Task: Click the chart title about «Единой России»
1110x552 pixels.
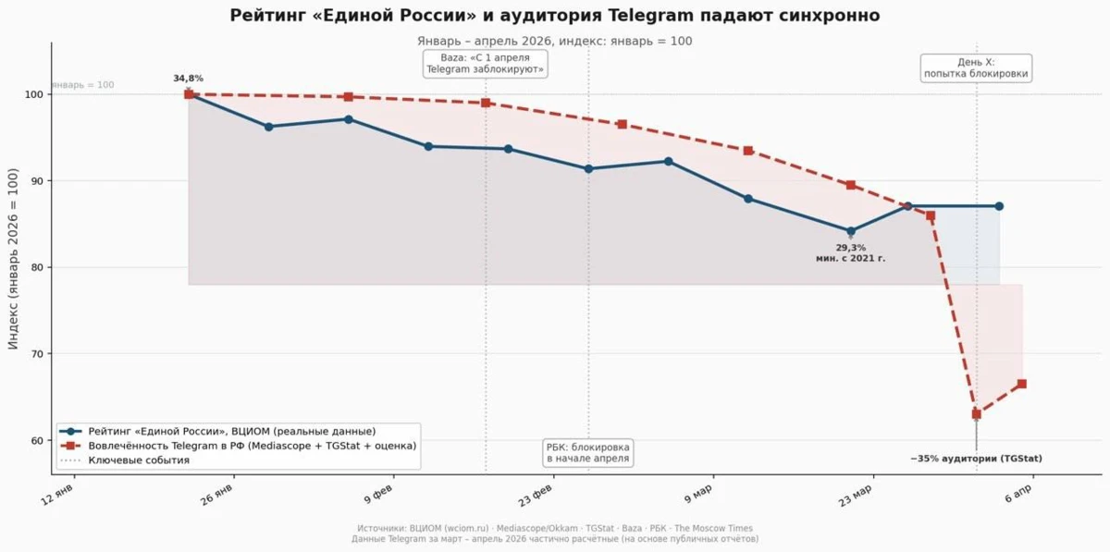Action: pyautogui.click(x=554, y=16)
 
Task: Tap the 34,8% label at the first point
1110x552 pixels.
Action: pyautogui.click(x=188, y=79)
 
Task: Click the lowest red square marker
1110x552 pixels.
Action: pyautogui.click(x=976, y=414)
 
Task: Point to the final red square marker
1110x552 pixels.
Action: pyautogui.click(x=1021, y=384)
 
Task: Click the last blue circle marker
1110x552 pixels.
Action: pyautogui.click(x=999, y=206)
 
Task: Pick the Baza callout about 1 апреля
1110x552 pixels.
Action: pyautogui.click(x=486, y=64)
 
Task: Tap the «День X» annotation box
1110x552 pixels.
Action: pyautogui.click(x=976, y=67)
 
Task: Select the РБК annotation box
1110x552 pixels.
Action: pyautogui.click(x=588, y=453)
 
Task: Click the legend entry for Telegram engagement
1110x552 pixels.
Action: pyautogui.click(x=237, y=446)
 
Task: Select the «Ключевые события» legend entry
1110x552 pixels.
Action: pyautogui.click(x=139, y=460)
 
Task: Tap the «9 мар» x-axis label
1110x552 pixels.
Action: pyautogui.click(x=698, y=497)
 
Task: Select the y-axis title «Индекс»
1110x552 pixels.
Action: pyautogui.click(x=13, y=258)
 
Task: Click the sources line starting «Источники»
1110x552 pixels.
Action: pyautogui.click(x=554, y=528)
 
